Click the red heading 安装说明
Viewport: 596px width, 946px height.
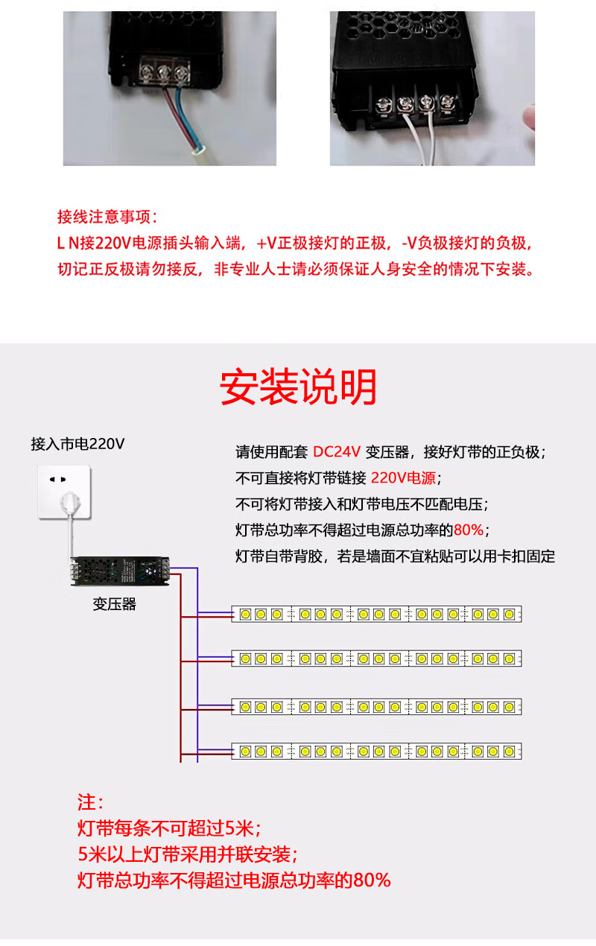(x=298, y=387)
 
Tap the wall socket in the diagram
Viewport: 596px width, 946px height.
(x=63, y=492)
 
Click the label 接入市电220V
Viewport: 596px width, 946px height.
(x=77, y=444)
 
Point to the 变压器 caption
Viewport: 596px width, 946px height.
(x=115, y=604)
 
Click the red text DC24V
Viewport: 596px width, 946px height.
(x=337, y=451)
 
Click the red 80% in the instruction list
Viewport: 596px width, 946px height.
(x=469, y=530)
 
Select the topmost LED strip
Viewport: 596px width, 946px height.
(x=377, y=614)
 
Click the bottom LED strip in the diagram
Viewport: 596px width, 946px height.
(x=377, y=751)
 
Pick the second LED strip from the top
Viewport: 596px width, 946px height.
(x=377, y=658)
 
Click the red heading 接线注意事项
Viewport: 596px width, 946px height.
(x=107, y=217)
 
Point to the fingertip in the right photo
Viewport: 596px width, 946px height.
(x=530, y=118)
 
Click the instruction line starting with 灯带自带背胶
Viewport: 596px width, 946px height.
(x=395, y=556)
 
